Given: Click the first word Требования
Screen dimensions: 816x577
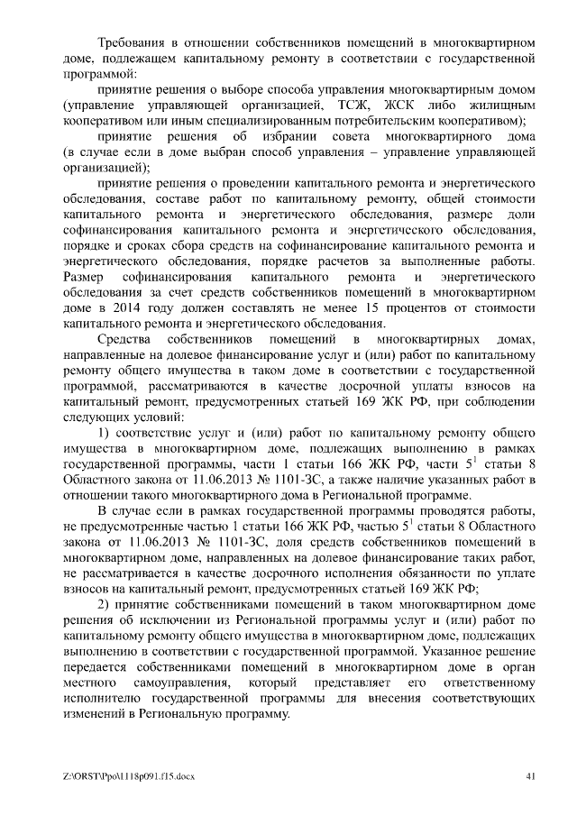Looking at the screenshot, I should (134, 42).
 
